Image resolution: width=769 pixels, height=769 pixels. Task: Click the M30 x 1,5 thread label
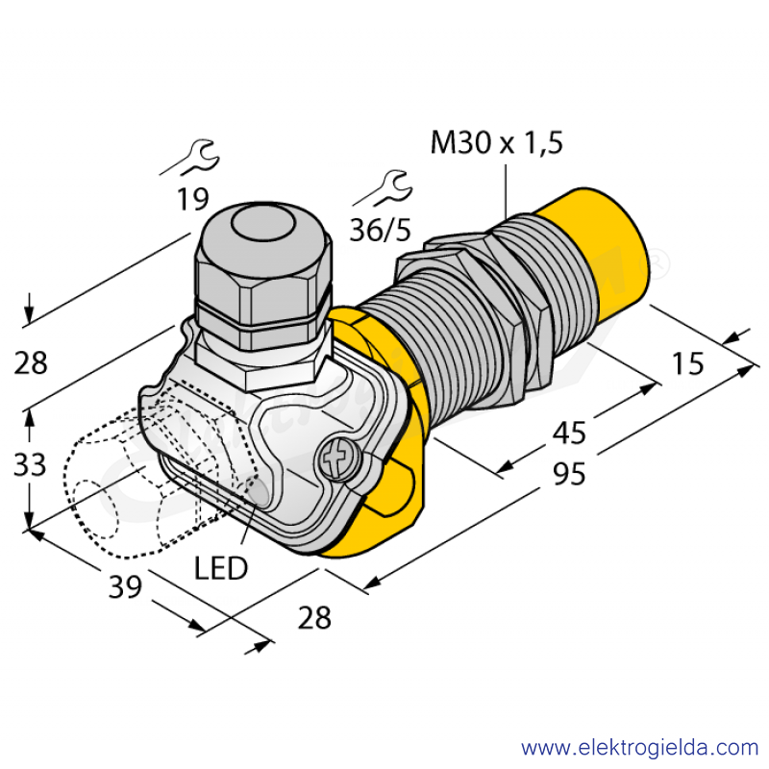tap(496, 142)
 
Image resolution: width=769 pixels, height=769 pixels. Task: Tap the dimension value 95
tap(569, 474)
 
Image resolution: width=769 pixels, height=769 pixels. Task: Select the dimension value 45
tap(569, 434)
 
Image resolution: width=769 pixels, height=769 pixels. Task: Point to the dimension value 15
tap(687, 363)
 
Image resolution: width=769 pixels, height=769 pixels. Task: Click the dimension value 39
tap(125, 586)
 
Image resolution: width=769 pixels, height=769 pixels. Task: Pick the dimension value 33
tap(30, 464)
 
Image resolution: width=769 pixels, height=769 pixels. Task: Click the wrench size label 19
tap(193, 199)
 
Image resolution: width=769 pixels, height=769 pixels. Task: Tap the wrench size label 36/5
tap(380, 230)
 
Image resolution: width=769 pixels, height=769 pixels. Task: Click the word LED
tap(221, 568)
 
